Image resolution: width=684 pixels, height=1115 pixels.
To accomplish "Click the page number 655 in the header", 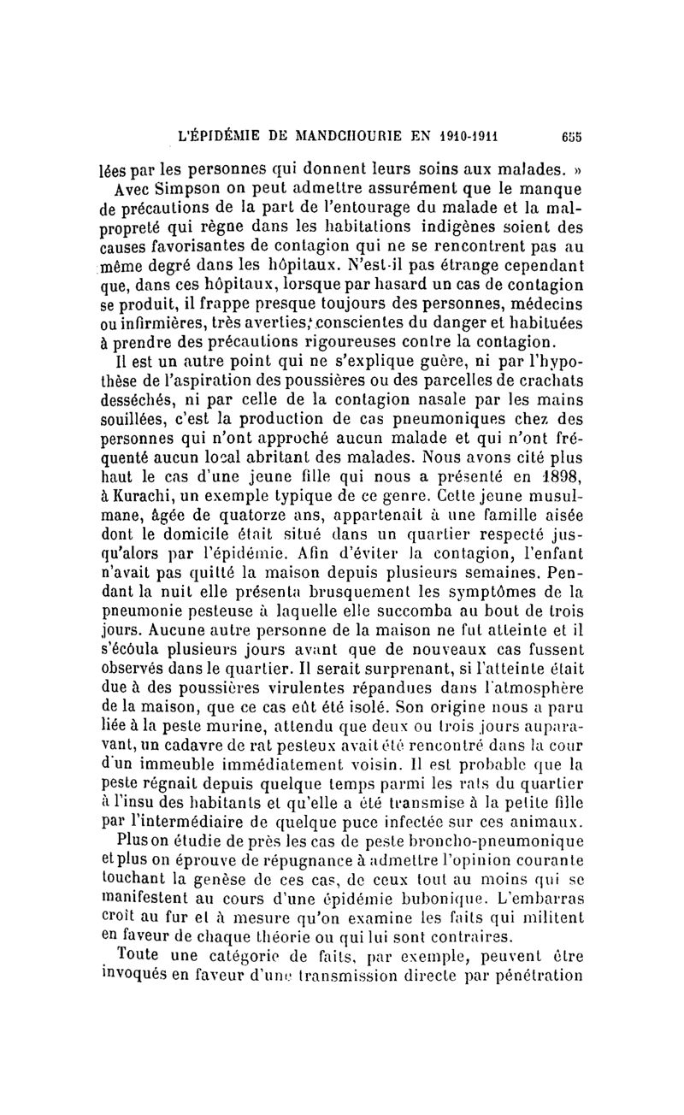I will point(571,134).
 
